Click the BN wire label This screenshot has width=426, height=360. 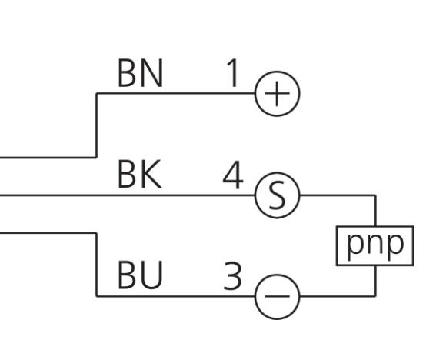(140, 73)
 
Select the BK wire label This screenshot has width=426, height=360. (140, 174)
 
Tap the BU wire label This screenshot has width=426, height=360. (140, 275)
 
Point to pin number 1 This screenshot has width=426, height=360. (232, 73)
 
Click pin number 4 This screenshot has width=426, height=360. (232, 175)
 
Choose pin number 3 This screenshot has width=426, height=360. (232, 276)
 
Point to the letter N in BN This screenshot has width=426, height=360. (151, 73)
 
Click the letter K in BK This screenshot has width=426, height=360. (151, 174)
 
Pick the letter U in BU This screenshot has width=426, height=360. (151, 275)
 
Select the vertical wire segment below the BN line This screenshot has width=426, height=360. (96, 125)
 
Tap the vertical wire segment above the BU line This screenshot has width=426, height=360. (96, 265)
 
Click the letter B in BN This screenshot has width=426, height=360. (128, 73)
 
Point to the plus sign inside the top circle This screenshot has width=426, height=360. (277, 94)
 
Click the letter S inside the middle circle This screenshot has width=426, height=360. (277, 195)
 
